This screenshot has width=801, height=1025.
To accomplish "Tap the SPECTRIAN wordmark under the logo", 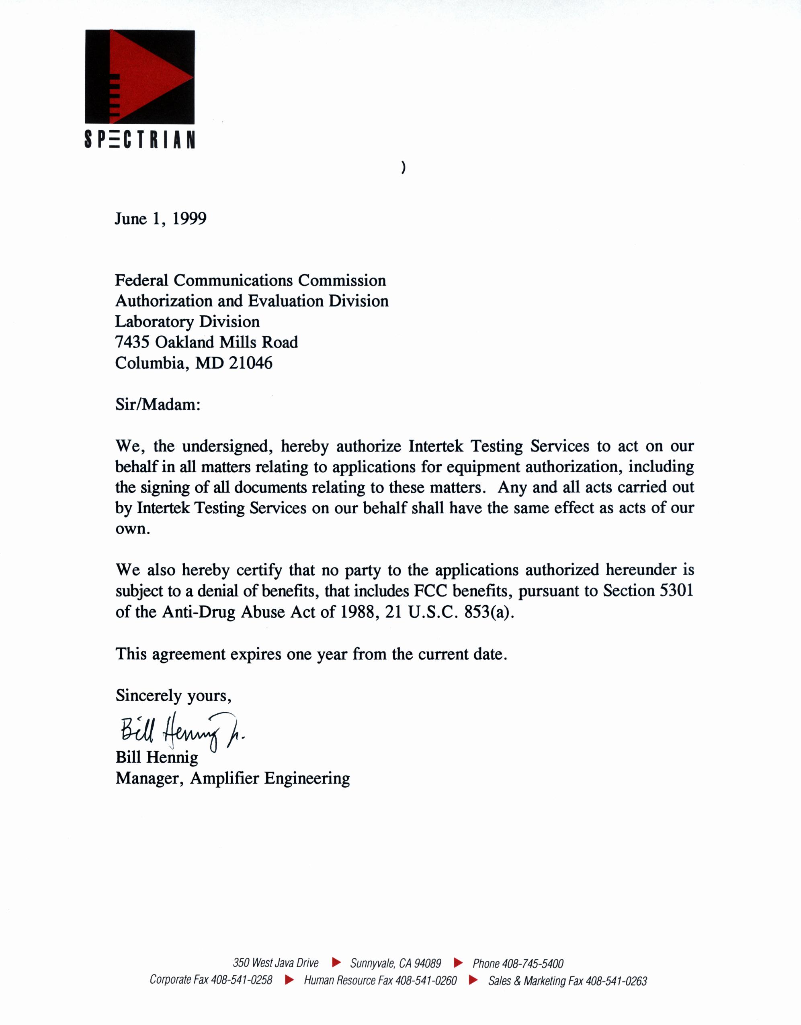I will coord(139,139).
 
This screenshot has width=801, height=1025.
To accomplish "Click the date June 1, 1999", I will coord(161,219).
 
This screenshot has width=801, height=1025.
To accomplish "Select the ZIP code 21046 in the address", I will coord(251,363).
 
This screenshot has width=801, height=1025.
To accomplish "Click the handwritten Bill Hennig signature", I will coord(181,732).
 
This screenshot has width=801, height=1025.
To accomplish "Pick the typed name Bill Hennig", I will coord(157,757).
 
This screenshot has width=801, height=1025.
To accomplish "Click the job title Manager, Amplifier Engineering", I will coord(232,778).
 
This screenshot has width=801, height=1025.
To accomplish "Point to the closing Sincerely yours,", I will coord(173,695).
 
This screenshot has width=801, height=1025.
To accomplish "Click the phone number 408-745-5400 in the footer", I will coord(533,964).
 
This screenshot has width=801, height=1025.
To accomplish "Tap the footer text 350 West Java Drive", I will coord(276,963).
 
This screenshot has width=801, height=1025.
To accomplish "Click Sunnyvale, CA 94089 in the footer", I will coord(395,964).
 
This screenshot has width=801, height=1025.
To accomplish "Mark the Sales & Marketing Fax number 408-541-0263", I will coord(616,981).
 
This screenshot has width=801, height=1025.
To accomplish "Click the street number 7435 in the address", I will coord(132,342).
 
